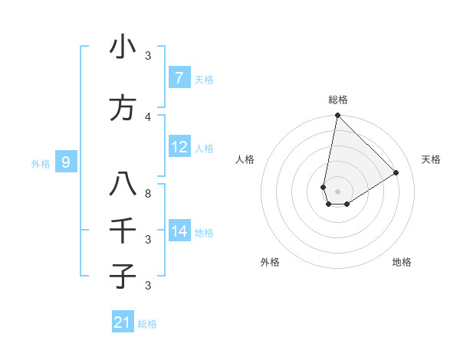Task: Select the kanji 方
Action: (x=123, y=108)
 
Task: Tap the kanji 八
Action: (x=123, y=185)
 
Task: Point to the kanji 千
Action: (x=123, y=231)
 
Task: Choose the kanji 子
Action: (x=123, y=276)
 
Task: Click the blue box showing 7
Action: (x=179, y=78)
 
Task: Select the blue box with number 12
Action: (x=179, y=147)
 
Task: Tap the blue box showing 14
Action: (x=179, y=231)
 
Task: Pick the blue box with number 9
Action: (x=66, y=162)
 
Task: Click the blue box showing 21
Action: (x=123, y=322)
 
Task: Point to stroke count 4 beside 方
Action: (x=149, y=116)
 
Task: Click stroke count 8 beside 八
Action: (x=149, y=193)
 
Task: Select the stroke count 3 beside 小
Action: (x=149, y=55)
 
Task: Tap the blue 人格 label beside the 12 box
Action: (x=204, y=148)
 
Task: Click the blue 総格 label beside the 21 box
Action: (x=147, y=323)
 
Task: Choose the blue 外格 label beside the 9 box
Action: (x=41, y=163)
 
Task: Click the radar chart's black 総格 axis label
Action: (x=337, y=100)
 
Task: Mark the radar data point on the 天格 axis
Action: (x=396, y=173)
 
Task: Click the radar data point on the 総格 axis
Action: (x=337, y=116)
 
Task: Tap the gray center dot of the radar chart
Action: (x=337, y=191)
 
